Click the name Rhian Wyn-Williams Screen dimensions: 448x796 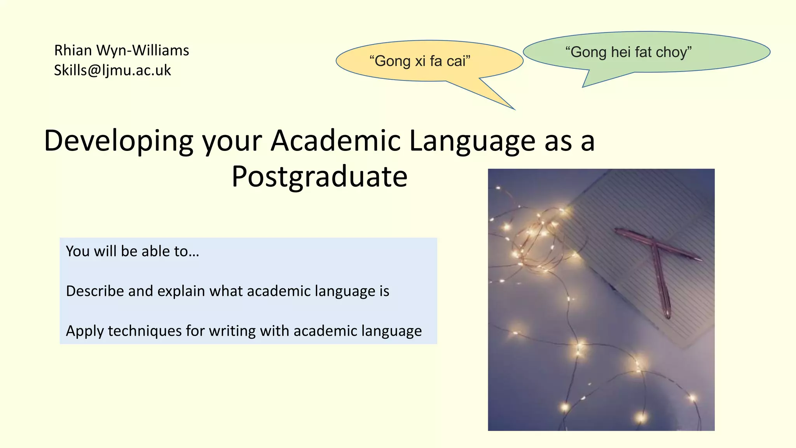[121, 51]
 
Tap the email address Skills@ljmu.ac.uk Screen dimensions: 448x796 [112, 70]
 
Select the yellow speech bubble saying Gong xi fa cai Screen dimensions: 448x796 [420, 61]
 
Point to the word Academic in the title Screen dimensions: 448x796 [335, 140]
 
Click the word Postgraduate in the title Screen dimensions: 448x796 [319, 177]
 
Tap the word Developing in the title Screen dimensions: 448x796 [119, 141]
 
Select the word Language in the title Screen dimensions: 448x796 [472, 140]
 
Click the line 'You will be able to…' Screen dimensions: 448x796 [133, 251]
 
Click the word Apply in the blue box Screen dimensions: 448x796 [85, 331]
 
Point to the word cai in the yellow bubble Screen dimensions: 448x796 [458, 61]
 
